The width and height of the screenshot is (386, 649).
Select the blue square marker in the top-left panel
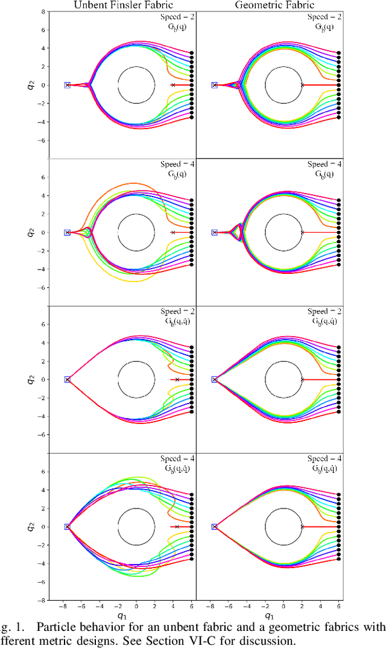pyautogui.click(x=67, y=85)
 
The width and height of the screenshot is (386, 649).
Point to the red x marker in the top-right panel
pyautogui.click(x=302, y=85)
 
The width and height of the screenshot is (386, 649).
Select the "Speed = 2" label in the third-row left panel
pyautogui.click(x=179, y=311)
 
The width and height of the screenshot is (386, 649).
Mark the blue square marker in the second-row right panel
pyautogui.click(x=215, y=232)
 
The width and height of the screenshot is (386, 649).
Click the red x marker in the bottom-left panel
pyautogui.click(x=177, y=527)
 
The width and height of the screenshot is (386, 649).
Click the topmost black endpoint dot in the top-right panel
pyautogui.click(x=338, y=53)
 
